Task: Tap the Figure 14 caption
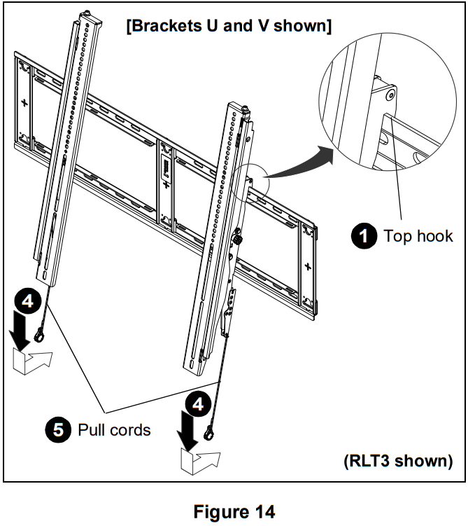point(234,512)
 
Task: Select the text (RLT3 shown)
point(397,462)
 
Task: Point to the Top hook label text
point(418,236)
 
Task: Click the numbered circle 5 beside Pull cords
point(59,429)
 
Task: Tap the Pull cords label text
point(114,429)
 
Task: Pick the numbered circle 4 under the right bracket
point(199,404)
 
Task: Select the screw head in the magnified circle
point(388,93)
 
